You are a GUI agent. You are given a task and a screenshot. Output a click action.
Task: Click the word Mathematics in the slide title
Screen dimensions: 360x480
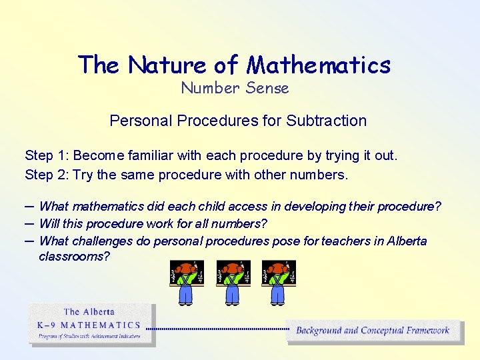point(319,65)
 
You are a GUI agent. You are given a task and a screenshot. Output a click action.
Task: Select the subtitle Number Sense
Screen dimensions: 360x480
point(235,88)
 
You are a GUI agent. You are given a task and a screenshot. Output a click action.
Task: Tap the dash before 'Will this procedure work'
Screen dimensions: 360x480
point(29,223)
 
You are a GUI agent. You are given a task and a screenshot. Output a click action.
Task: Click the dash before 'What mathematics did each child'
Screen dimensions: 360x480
point(29,206)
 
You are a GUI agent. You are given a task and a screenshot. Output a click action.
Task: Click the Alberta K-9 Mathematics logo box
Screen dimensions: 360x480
point(91,324)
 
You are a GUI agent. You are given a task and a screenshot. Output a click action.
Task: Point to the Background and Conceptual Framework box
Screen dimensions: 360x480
point(373,331)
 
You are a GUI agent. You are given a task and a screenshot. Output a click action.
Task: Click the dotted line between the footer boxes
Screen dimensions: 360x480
point(217,329)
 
